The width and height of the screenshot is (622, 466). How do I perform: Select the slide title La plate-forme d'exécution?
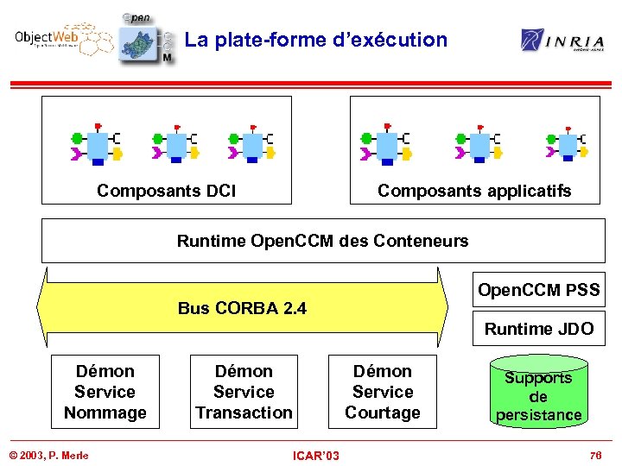pos(316,40)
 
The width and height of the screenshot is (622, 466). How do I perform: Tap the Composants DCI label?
pos(166,191)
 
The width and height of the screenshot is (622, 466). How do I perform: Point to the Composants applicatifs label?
pos(474,191)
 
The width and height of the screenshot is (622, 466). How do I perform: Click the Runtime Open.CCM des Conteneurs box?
pos(323,241)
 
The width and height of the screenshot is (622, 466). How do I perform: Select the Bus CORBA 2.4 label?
pos(242,308)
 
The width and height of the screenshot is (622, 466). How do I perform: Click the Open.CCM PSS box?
pos(538,290)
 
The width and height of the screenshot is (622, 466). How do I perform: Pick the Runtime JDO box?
pos(538,329)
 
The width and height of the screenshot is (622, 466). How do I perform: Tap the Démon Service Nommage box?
pos(105,392)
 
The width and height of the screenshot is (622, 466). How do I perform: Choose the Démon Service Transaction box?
pos(244,392)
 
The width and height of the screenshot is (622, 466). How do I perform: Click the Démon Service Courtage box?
pos(382,392)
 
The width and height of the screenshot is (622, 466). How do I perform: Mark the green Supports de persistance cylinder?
pos(538,395)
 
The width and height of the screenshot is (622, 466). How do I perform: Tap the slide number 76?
pos(594,455)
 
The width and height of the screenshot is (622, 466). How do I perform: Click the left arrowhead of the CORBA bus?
pos(43,308)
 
